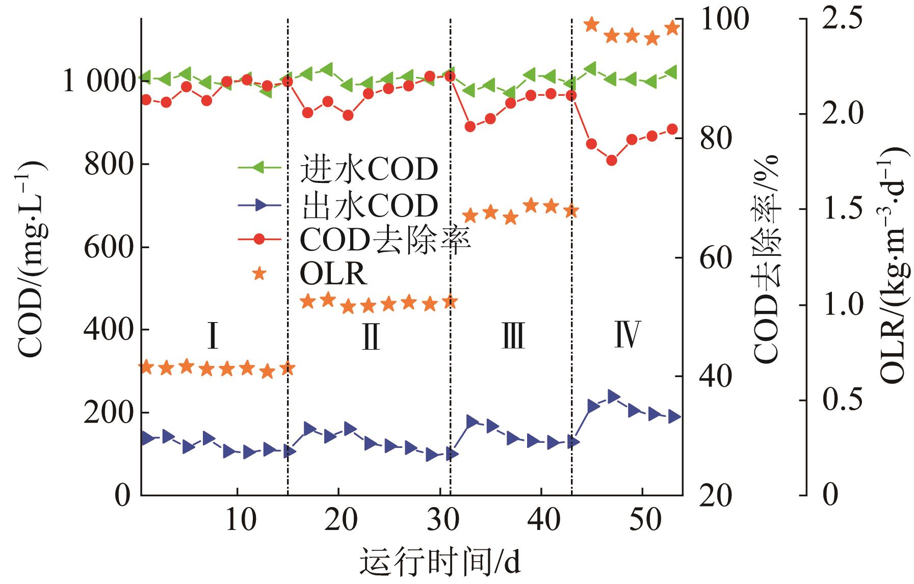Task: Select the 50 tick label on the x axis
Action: pyautogui.click(x=643, y=522)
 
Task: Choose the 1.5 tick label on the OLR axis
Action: pyautogui.click(x=842, y=209)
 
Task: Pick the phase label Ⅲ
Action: pyautogui.click(x=513, y=337)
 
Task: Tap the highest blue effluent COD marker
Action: pyautogui.click(x=613, y=396)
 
